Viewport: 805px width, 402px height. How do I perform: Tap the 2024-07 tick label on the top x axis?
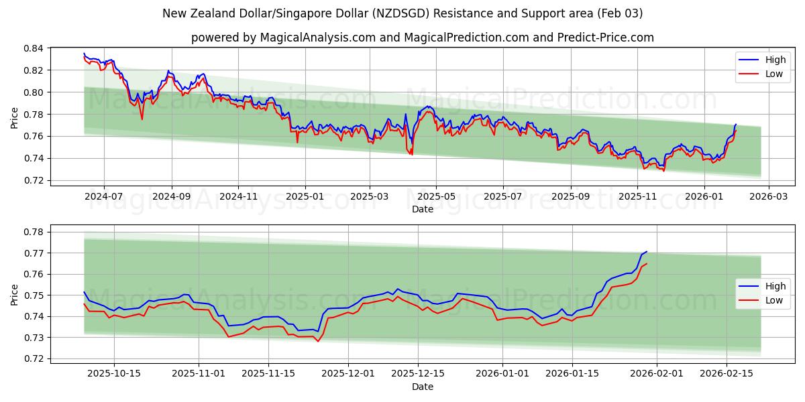(104, 197)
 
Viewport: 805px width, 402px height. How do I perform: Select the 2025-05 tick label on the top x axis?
(436, 197)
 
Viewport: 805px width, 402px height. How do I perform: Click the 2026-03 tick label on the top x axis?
(768, 197)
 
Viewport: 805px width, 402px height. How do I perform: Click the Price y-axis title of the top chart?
(15, 117)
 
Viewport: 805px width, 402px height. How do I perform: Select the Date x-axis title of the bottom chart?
(423, 387)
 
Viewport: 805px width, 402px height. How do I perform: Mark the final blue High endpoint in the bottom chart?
(647, 251)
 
